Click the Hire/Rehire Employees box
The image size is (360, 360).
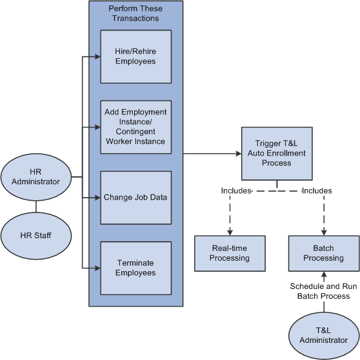(x=135, y=56)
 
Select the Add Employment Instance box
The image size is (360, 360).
(x=135, y=127)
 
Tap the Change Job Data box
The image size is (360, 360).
(x=135, y=197)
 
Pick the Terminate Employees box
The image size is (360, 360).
(x=135, y=268)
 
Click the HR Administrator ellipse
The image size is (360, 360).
(x=36, y=176)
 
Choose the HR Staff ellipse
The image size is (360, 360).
(x=36, y=234)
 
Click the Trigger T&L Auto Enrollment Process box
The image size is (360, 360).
(x=276, y=153)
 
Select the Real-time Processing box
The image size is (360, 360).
(x=230, y=253)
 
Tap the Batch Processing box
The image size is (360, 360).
(x=323, y=253)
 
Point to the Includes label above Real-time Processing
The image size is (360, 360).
(x=236, y=191)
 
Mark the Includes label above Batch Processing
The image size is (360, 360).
(x=317, y=191)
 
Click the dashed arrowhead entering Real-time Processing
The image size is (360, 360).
(x=230, y=233)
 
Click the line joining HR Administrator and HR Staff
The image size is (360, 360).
(x=36, y=205)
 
